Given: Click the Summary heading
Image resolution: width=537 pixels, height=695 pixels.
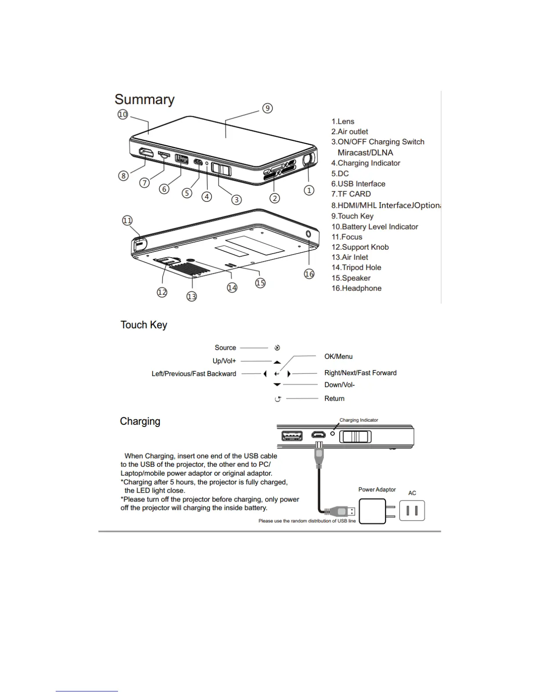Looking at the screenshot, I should click(144, 100).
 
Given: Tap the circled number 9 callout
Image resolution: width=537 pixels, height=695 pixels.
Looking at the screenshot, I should click(267, 108).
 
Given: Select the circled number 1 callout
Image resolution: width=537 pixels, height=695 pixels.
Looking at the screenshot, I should click(309, 190).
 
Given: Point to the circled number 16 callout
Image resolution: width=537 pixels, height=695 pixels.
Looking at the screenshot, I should click(309, 274).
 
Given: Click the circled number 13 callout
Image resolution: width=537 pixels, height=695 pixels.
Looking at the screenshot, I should click(192, 297).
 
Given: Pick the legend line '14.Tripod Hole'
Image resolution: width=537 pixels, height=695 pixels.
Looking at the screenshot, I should click(356, 268).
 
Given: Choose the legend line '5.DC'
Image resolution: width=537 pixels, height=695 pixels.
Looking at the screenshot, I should click(340, 173).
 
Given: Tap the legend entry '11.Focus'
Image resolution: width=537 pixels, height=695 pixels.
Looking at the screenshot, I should click(347, 237).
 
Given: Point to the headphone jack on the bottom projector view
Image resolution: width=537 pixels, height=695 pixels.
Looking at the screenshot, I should click(308, 234).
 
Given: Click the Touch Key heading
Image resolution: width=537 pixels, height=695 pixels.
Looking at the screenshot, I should click(144, 325).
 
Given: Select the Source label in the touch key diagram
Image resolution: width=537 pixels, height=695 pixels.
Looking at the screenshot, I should click(225, 347).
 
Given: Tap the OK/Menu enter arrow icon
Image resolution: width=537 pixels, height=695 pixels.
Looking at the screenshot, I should click(277, 374).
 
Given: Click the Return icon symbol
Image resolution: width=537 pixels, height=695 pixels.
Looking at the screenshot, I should click(277, 399).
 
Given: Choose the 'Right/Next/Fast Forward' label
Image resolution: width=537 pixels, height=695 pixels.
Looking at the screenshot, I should click(360, 373).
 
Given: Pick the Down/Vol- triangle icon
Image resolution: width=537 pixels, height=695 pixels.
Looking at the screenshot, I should click(277, 385).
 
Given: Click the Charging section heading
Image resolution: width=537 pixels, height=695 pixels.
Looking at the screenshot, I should click(140, 421).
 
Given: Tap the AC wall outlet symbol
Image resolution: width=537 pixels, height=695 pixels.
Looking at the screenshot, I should click(412, 510).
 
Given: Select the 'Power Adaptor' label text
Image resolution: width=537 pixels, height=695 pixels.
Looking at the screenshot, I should click(377, 490).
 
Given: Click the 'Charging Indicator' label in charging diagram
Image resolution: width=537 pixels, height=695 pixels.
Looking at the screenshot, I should click(358, 420).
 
